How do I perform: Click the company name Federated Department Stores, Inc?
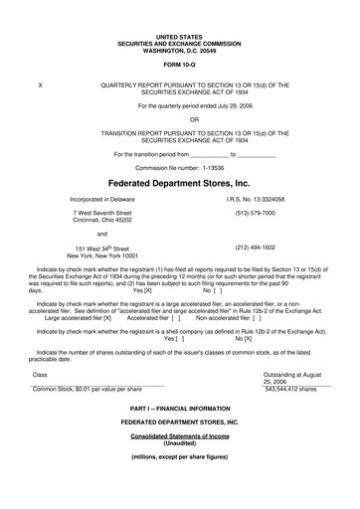[179, 183]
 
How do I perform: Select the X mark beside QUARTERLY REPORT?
[39, 86]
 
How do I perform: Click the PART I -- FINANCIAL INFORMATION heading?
[179, 437]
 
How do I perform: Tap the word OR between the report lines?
[179, 118]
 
